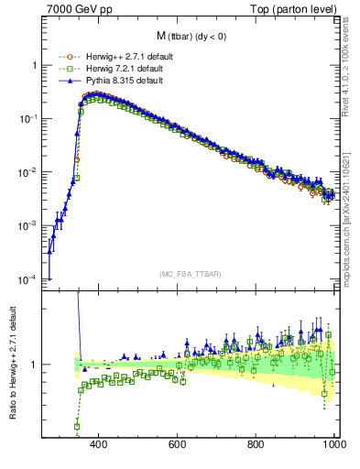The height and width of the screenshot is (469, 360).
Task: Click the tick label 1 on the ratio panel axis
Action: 34,365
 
